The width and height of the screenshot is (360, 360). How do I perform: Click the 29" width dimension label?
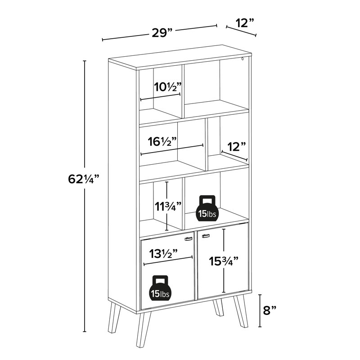pyautogui.click(x=161, y=33)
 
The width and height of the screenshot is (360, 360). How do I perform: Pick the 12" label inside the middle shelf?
pyautogui.click(x=236, y=147)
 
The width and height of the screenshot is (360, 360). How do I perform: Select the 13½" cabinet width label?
pyautogui.click(x=162, y=254)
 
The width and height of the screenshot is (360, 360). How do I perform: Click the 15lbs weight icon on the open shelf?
pyautogui.click(x=208, y=208)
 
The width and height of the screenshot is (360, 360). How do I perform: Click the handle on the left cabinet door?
pyautogui.click(x=189, y=239)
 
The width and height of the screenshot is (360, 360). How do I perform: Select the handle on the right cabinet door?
pyautogui.click(x=206, y=236)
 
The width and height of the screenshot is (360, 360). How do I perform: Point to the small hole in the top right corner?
pyautogui.click(x=243, y=58)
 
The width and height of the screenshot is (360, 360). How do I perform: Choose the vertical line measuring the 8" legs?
pyautogui.click(x=260, y=311)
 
